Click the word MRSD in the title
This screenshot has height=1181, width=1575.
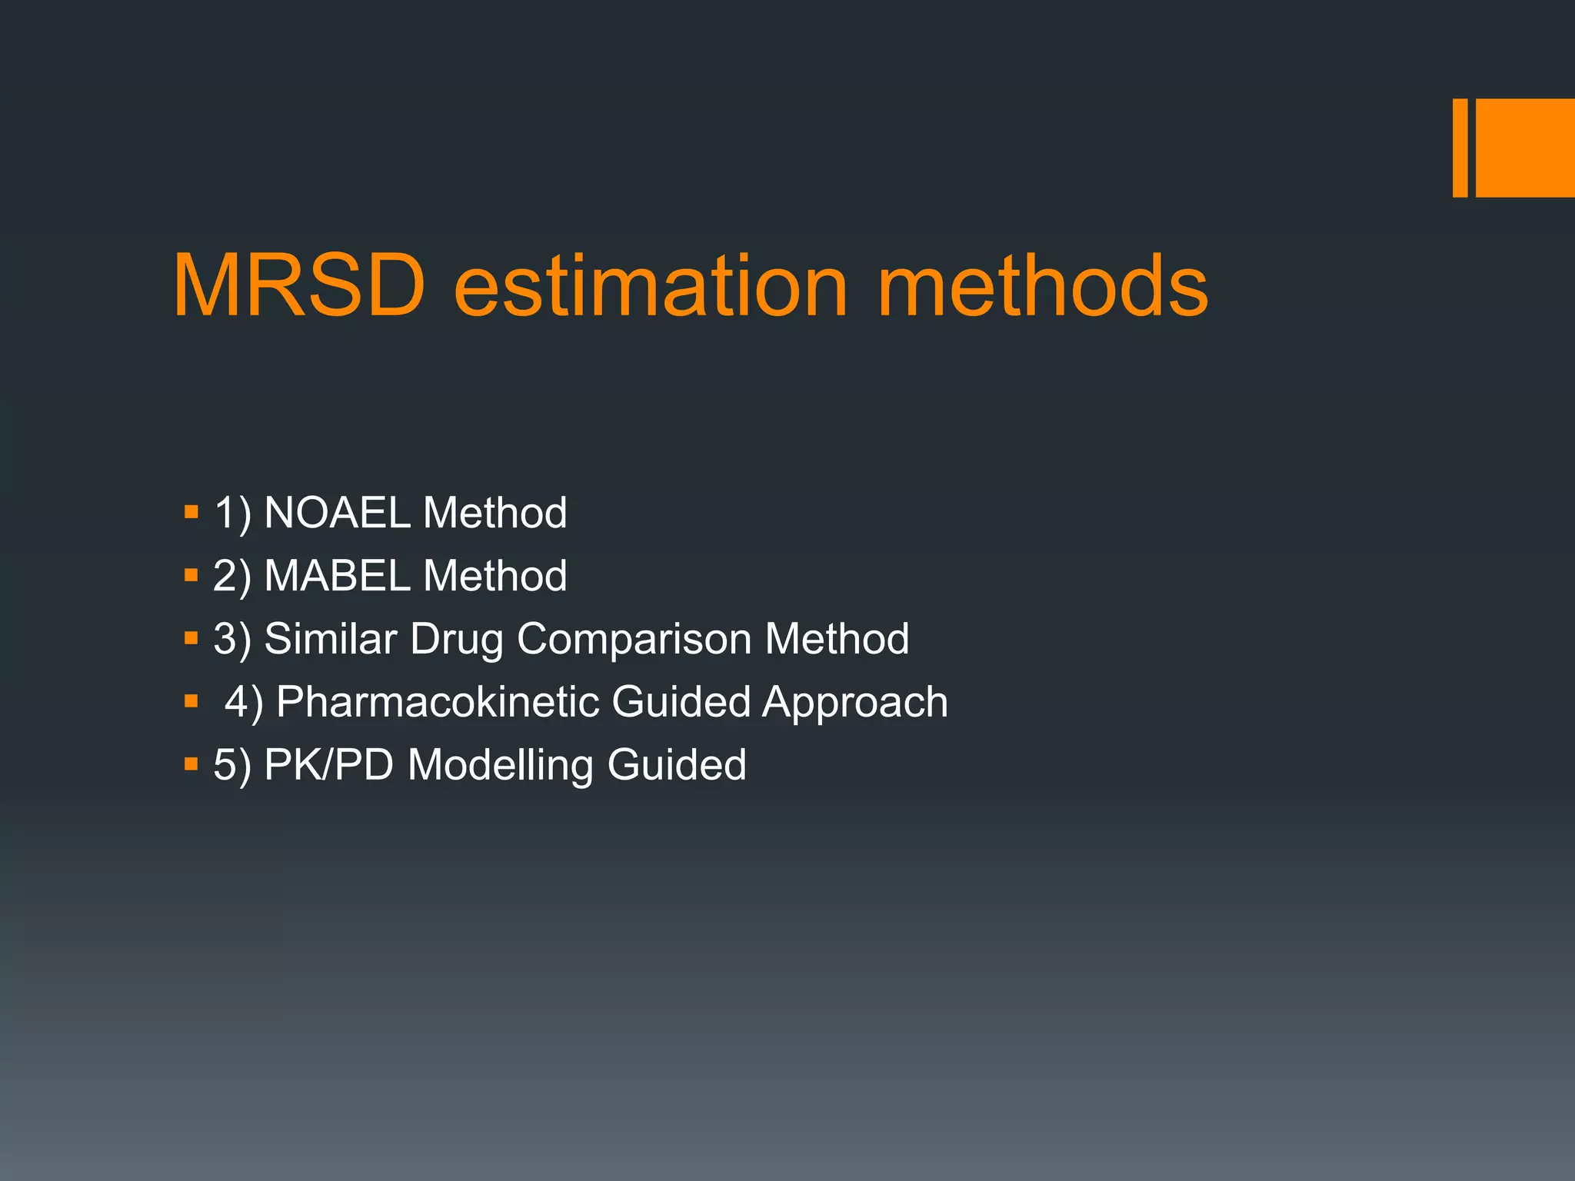tap(298, 286)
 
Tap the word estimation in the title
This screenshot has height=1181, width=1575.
tap(651, 286)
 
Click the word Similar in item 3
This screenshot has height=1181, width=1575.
tap(331, 639)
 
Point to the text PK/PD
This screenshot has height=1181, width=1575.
tap(328, 765)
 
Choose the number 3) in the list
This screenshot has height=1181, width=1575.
tap(231, 640)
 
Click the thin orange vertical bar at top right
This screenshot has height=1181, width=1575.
tap(1460, 148)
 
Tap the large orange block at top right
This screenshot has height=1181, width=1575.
tap(1525, 148)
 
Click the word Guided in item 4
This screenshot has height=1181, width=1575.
tap(681, 702)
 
